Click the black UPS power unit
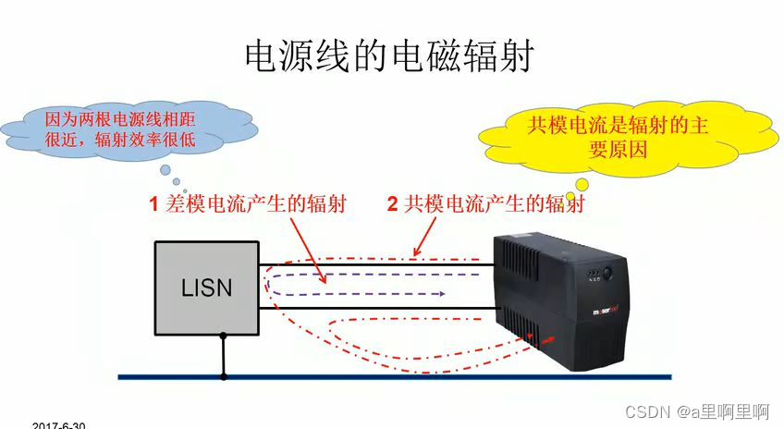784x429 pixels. [x=564, y=296]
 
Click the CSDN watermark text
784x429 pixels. [x=698, y=410]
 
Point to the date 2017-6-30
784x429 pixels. [x=58, y=425]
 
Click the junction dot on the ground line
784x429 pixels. [x=223, y=377]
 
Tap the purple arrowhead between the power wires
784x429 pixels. [x=443, y=293]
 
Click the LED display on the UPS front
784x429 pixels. [x=587, y=275]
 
